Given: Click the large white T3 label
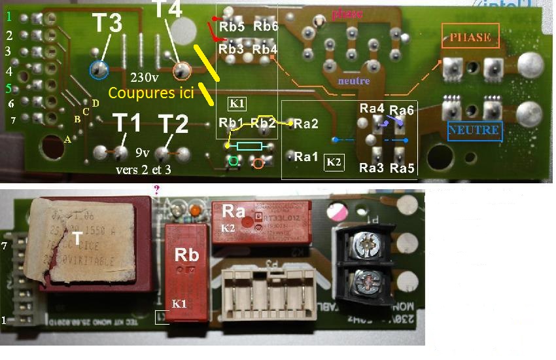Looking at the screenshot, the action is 106,24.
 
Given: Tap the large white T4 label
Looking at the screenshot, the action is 168,10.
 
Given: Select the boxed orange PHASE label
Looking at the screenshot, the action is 470,37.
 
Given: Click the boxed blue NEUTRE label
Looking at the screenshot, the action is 475,130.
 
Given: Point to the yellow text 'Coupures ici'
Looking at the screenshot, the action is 151,93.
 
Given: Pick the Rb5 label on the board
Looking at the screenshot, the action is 232,27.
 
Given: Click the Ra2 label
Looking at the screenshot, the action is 306,123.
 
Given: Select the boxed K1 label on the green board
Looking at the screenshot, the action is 237,103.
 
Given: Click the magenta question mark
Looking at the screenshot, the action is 156,189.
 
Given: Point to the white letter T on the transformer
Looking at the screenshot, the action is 77,240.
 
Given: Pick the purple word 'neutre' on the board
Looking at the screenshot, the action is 353,81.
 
